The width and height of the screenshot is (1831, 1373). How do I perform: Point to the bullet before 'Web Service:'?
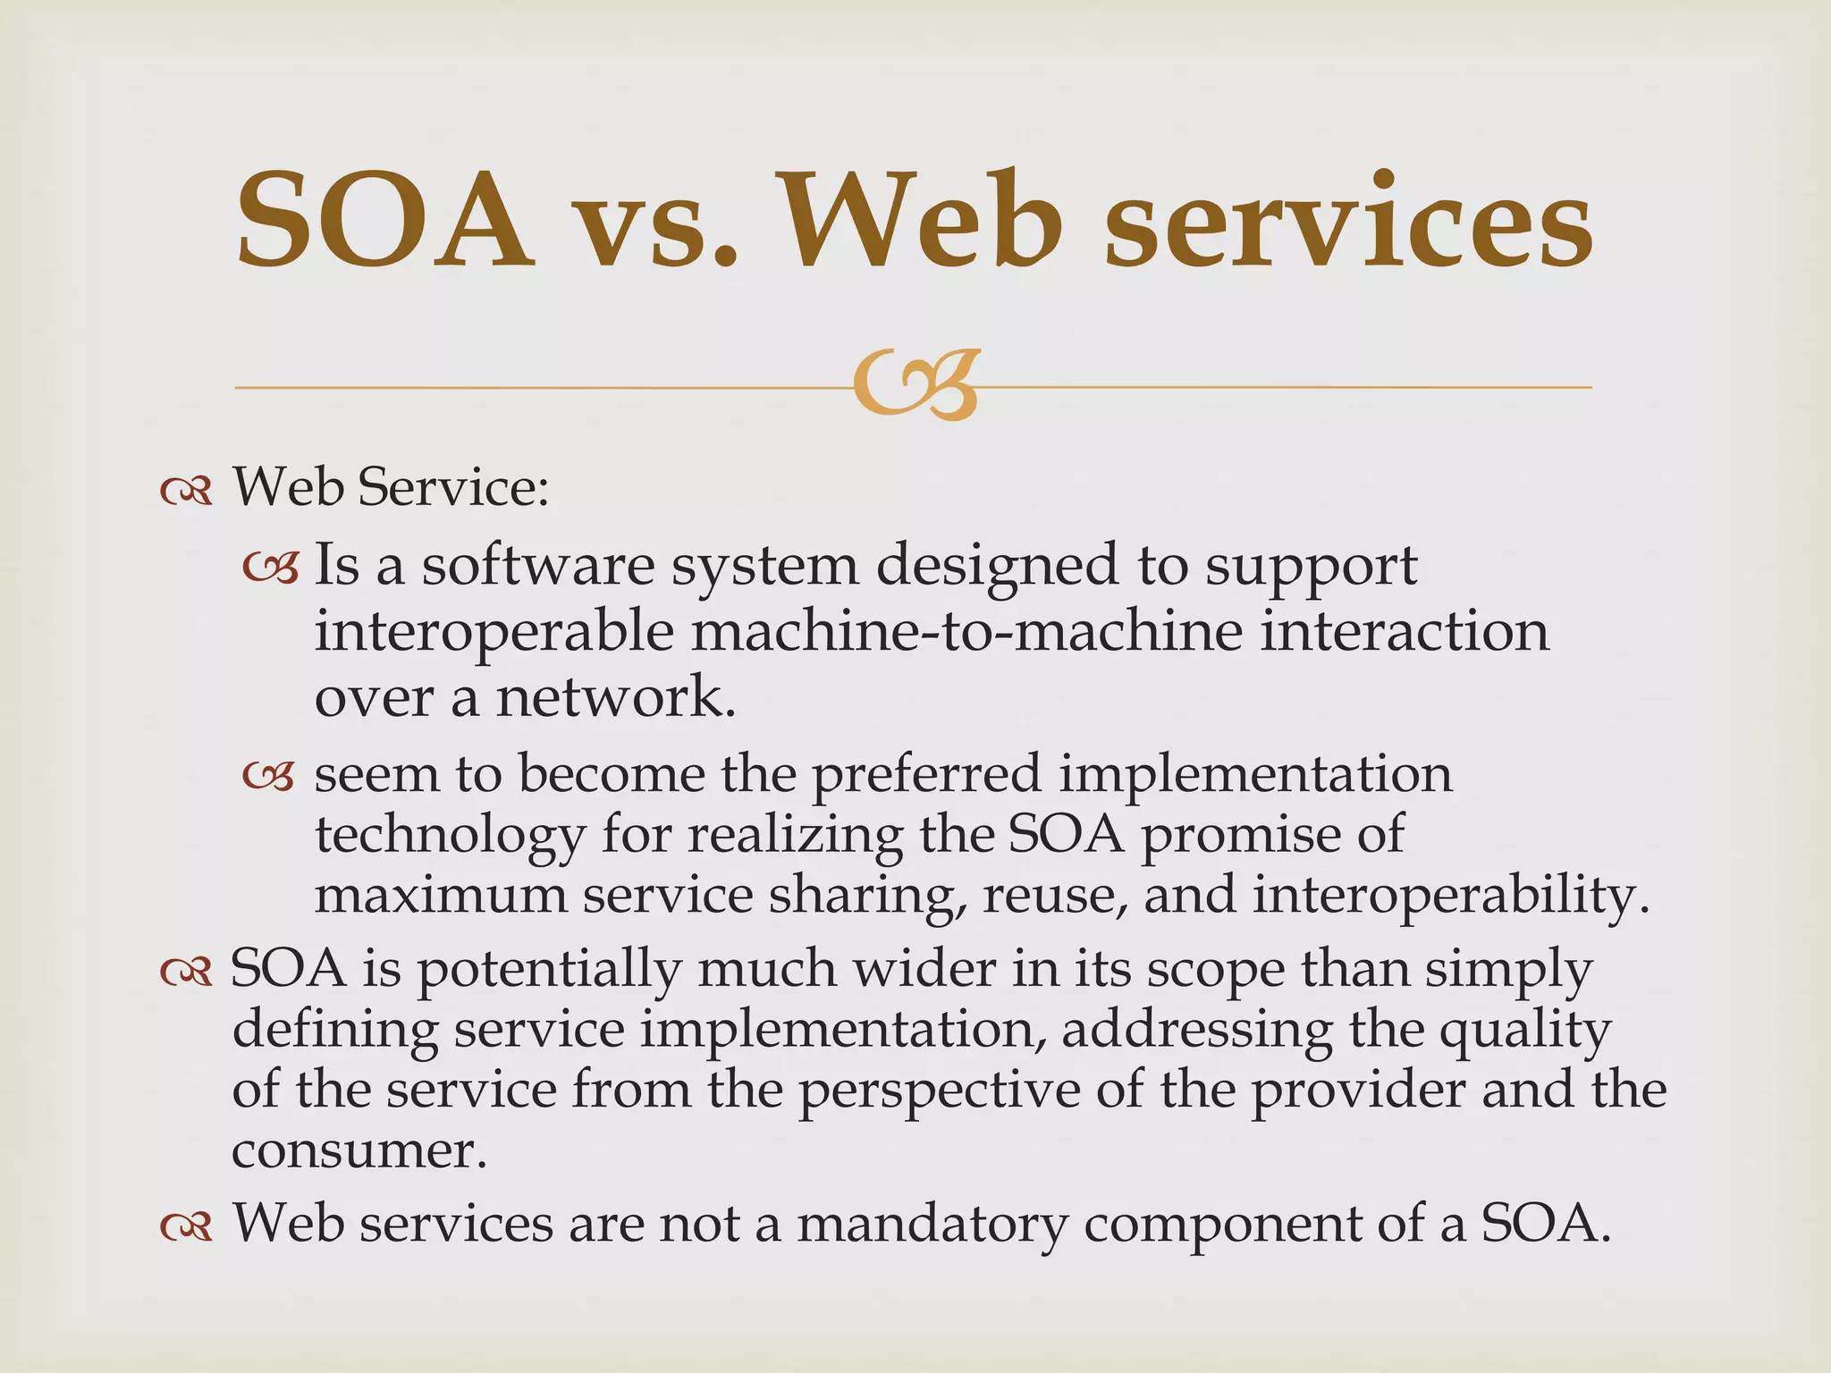186,492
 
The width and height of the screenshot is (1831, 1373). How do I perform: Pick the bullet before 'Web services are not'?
186,1227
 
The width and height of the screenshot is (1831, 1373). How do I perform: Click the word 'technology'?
450,838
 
